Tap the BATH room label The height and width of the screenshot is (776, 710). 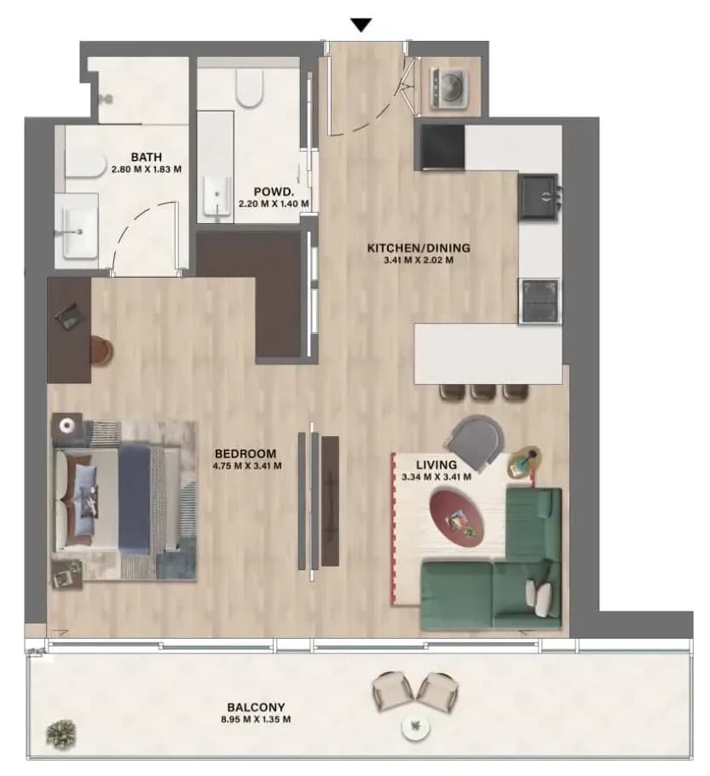[x=146, y=157]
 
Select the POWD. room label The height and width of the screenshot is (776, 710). [x=274, y=192]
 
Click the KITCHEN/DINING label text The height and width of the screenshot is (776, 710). [x=418, y=248]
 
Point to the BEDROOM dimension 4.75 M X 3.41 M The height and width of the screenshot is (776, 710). [x=247, y=466]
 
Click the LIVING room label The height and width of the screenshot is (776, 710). [x=436, y=465]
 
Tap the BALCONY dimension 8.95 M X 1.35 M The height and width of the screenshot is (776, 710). [x=256, y=719]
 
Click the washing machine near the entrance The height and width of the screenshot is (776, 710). [x=448, y=88]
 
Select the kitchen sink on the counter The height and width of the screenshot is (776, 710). [x=539, y=197]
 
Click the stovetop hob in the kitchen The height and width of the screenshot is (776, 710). [x=540, y=301]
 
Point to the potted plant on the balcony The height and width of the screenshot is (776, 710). [x=61, y=733]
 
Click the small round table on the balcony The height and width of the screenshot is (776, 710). [x=415, y=727]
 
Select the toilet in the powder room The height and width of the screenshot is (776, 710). [x=249, y=88]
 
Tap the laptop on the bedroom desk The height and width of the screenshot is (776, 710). [x=68, y=314]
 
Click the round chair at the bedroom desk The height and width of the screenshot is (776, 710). [x=101, y=351]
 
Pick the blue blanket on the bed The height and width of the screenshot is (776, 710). [x=134, y=498]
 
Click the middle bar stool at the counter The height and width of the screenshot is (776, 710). [x=483, y=392]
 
